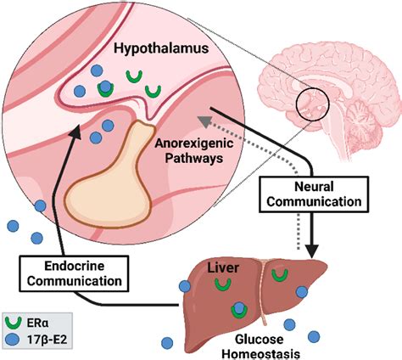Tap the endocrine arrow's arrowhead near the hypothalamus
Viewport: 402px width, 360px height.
pos(77,133)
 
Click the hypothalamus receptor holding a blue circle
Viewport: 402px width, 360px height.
pos(105,87)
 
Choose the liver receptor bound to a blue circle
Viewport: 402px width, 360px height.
pos(241,312)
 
